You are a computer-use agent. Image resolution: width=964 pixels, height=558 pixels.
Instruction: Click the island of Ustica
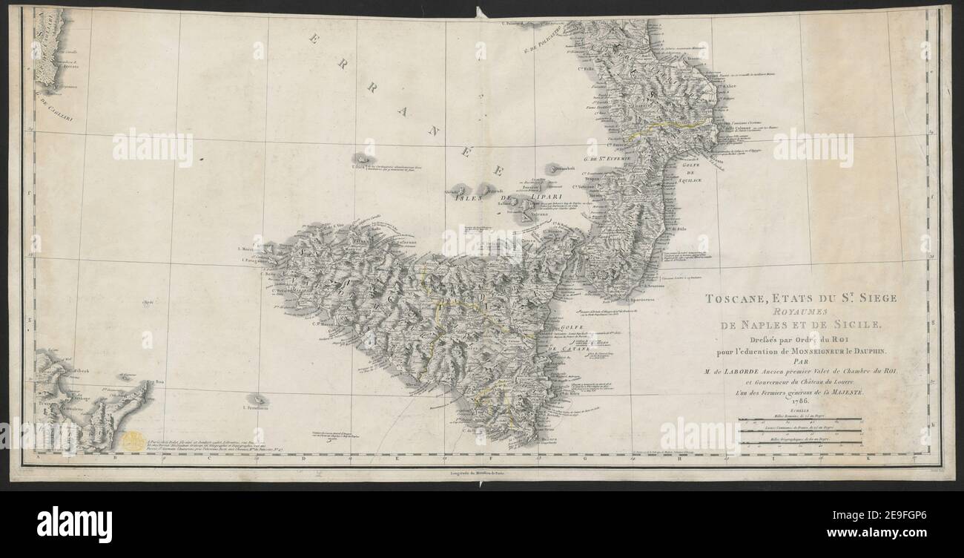pos(363,160)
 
